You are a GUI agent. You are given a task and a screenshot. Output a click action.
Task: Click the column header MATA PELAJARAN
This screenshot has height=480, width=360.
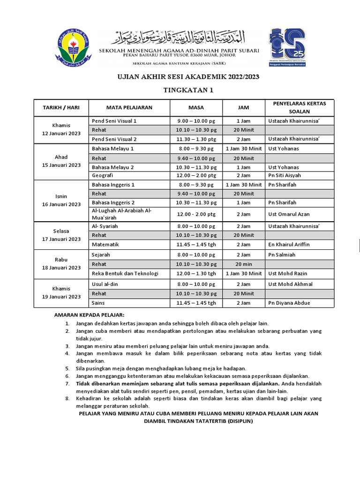coord(129,107)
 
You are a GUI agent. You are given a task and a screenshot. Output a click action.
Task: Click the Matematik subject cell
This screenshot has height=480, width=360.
coord(105,244)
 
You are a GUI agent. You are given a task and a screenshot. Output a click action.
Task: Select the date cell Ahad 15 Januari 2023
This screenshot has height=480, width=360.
coord(61,162)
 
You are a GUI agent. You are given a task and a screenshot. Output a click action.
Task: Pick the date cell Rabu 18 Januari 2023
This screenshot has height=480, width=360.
coord(61,264)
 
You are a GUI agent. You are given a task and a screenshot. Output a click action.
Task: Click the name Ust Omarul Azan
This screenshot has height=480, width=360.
coord(290,214)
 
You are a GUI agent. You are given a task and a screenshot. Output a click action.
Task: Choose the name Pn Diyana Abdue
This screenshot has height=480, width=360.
coord(289,303)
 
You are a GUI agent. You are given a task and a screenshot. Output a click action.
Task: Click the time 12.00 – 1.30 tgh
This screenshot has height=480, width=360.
coord(196,273)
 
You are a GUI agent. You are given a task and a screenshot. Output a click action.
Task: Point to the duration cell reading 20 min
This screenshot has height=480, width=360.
coord(243,264)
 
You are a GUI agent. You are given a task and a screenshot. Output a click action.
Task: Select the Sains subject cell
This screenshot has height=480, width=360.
coord(98,303)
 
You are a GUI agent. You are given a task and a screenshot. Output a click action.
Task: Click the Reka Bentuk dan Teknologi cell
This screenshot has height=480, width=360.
coord(125,273)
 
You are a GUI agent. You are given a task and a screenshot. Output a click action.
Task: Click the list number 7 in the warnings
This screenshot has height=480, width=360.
coord(67,383)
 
